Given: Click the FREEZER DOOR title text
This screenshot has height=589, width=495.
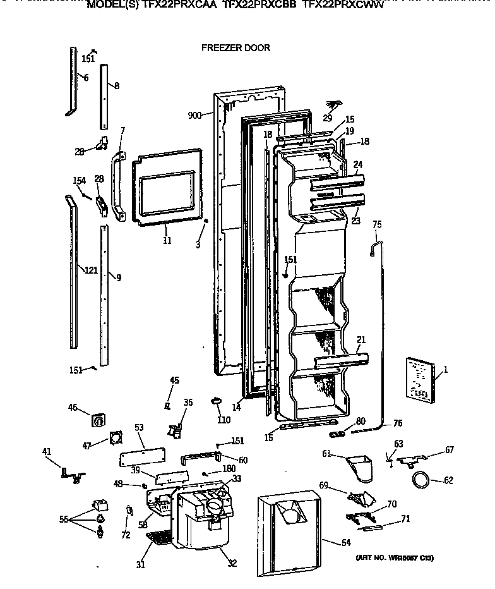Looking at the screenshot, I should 236,47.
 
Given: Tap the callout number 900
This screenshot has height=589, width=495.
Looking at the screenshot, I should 194,115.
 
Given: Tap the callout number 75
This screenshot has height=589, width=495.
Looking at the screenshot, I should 377,224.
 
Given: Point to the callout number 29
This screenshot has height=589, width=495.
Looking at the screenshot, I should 327,118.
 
